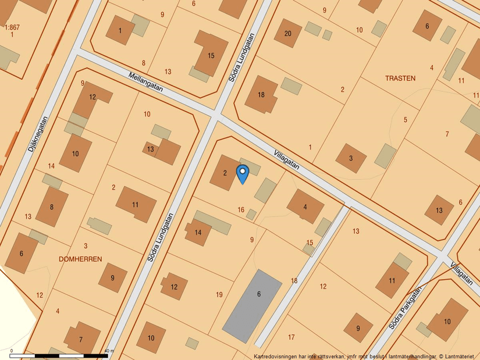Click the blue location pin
(x=243, y=173)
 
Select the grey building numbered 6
(x=253, y=305)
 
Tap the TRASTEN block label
(x=400, y=78)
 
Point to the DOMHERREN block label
(x=80, y=259)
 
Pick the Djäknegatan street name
(x=37, y=134)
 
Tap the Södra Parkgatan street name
(x=404, y=309)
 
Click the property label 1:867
(x=11, y=27)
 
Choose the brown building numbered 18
(x=261, y=94)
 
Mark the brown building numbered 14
(x=198, y=233)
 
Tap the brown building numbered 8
(x=52, y=207)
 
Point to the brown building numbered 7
(x=81, y=338)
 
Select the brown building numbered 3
(x=351, y=158)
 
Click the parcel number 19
(x=219, y=295)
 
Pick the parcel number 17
(x=291, y=337)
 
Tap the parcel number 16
(x=241, y=210)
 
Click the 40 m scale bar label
(x=109, y=351)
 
